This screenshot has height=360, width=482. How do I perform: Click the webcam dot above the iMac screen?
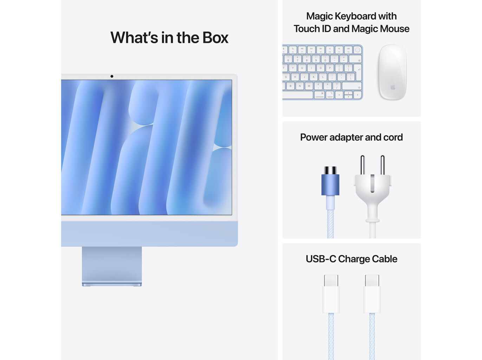pyautogui.click(x=112, y=76)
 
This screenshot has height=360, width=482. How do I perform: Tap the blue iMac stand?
pyautogui.click(x=112, y=265)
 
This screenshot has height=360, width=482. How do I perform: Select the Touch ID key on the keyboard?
pyautogui.click(x=357, y=50)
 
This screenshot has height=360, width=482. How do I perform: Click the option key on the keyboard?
pyautogui.click(x=330, y=95)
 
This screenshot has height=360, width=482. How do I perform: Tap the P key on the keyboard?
pyautogui.click(x=330, y=68)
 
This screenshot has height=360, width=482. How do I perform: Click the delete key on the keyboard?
pyautogui.click(x=356, y=59)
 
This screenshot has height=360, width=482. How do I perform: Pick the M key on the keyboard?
pyautogui.click(x=309, y=86)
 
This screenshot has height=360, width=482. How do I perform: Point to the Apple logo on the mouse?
pyautogui.click(x=392, y=86)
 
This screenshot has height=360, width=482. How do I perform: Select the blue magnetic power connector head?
pyautogui.click(x=330, y=185)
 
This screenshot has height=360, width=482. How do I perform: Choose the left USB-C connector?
pyautogui.click(x=331, y=294)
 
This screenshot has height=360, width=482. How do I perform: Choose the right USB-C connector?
pyautogui.click(x=372, y=294)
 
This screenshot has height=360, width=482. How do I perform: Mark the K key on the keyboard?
pyautogui.click(x=313, y=77)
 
